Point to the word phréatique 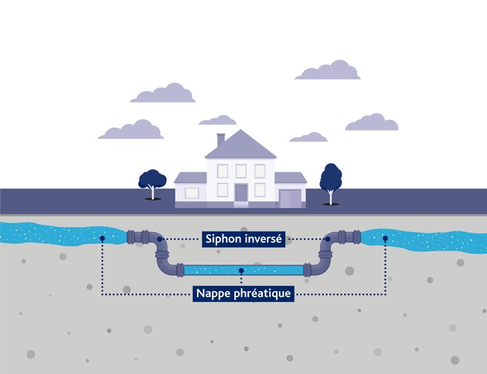pos(262,294)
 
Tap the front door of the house pos(241,193)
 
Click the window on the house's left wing pos(192,192)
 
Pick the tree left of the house pos(152,182)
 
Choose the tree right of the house pos(331,181)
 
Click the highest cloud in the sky pos(329,70)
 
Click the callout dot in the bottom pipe pos(242,270)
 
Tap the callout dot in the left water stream pos(102,238)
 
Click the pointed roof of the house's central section pos(240,145)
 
